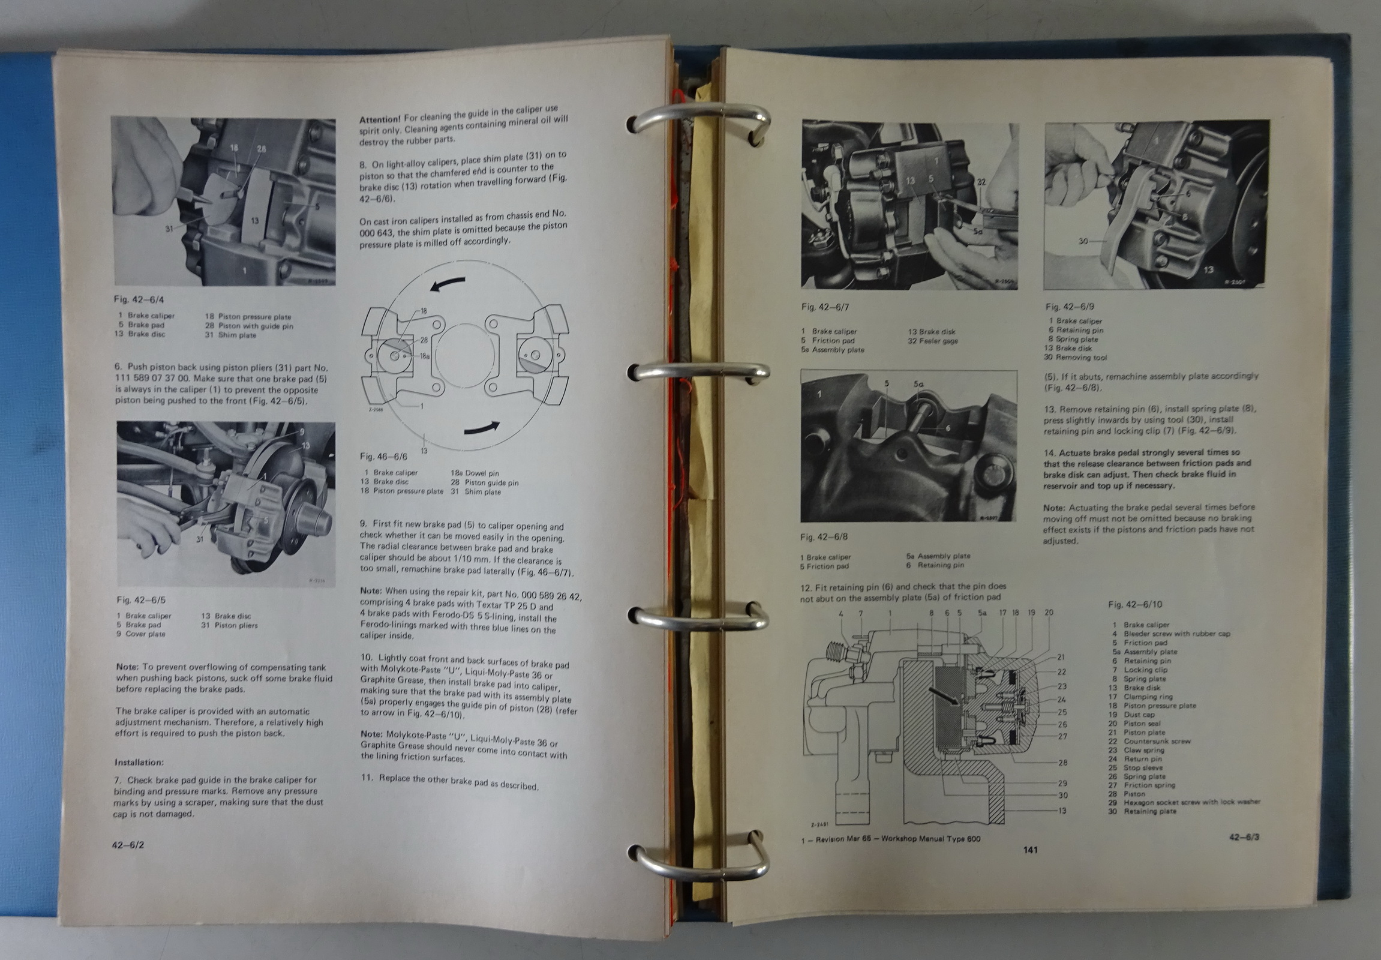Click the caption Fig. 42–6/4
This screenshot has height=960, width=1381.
[x=139, y=299]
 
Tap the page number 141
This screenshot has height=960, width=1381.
[x=1030, y=850]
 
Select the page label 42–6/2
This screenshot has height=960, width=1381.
[x=128, y=845]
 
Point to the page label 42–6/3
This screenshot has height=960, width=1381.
[x=1244, y=836]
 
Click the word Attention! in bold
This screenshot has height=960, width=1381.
[x=380, y=119]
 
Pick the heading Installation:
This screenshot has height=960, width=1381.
[x=139, y=762]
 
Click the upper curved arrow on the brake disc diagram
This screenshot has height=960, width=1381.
[x=448, y=283]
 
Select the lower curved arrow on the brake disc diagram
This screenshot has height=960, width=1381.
[x=481, y=428]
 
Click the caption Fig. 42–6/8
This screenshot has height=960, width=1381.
[x=824, y=536]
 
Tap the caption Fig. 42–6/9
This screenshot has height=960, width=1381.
[x=1070, y=306]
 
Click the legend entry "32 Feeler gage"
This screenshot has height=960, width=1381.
[x=933, y=341]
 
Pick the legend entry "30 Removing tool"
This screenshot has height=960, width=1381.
[x=1076, y=357]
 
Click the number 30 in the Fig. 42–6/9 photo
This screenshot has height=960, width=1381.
[x=1083, y=241]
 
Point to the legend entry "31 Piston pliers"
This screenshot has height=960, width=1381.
[x=229, y=625]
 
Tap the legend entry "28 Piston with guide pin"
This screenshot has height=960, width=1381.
[x=249, y=326]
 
